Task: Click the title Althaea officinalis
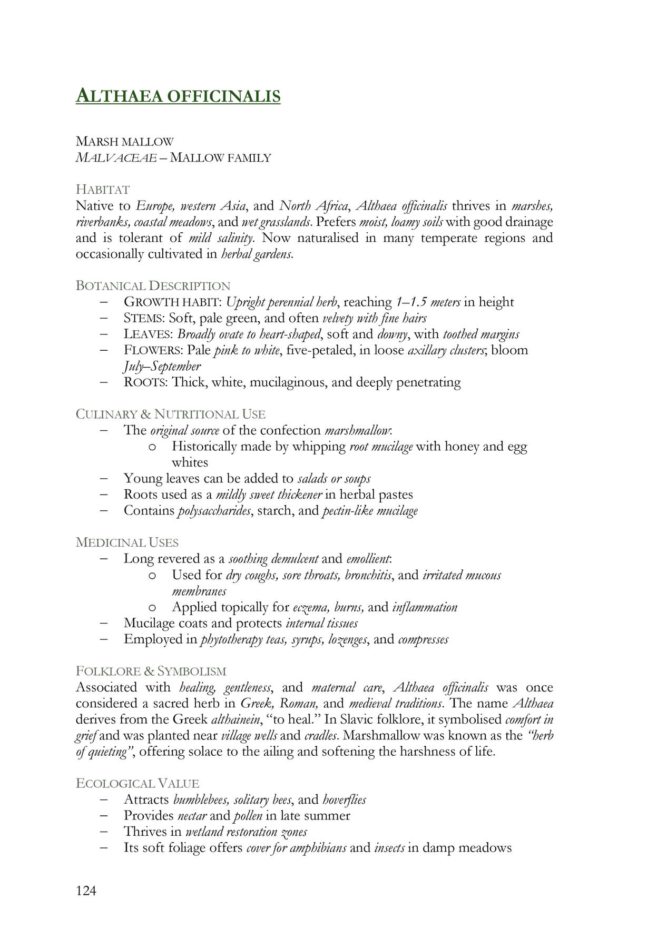coord(178,96)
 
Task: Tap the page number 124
coord(86,891)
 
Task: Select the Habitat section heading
coord(103,189)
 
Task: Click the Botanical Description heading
coord(153,285)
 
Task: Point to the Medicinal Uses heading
coord(127,542)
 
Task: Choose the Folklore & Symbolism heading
coord(151,671)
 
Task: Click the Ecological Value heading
coord(138,783)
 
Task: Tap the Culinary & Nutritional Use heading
coord(171,414)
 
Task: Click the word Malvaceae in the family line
coord(116,157)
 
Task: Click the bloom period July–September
coord(162,366)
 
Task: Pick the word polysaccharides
coord(214,510)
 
